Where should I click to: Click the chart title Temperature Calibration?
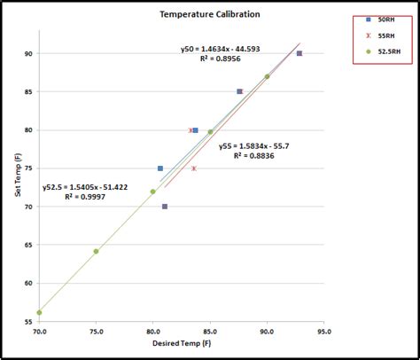pos(203,14)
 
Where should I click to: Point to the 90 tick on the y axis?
pos(28,53)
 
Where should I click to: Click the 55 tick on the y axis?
pos(28,322)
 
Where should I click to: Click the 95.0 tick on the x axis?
pos(323,331)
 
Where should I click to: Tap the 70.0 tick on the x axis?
pos(39,331)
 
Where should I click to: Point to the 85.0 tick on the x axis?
pos(210,331)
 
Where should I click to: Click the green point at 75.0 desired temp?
pos(96,251)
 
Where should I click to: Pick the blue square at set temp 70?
pos(165,207)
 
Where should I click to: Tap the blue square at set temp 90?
pos(299,53)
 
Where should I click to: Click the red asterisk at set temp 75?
pos(194,168)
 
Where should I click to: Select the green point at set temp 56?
pos(39,312)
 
